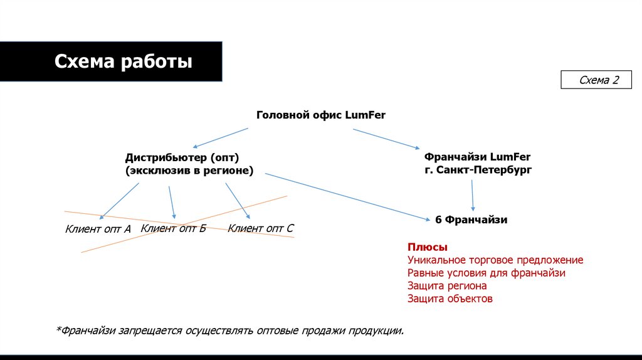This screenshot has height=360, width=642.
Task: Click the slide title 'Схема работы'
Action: coord(124,62)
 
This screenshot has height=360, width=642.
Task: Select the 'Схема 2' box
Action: coord(598,80)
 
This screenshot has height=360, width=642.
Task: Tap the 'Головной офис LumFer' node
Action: coord(321,115)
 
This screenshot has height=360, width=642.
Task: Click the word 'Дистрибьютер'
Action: coord(166,157)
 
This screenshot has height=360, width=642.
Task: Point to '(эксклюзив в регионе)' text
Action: coord(189,171)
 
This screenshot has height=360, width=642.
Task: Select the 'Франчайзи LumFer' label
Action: coord(477,156)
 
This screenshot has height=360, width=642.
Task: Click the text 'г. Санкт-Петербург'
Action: coord(478,170)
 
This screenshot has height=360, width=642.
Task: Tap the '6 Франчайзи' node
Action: coord(471,220)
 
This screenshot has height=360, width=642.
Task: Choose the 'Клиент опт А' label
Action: coord(98,229)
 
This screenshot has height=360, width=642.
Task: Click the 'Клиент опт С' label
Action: coord(260,228)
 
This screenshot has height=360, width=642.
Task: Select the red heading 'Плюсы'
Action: coord(428,246)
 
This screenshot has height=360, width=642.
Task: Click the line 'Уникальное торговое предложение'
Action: coord(495,260)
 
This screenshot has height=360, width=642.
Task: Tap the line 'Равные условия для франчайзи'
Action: coord(487,273)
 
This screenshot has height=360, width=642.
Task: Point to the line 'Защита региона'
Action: coord(447,286)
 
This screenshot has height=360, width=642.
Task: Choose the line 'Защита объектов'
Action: coord(450,299)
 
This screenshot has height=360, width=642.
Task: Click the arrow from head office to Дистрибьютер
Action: coord(219,138)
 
